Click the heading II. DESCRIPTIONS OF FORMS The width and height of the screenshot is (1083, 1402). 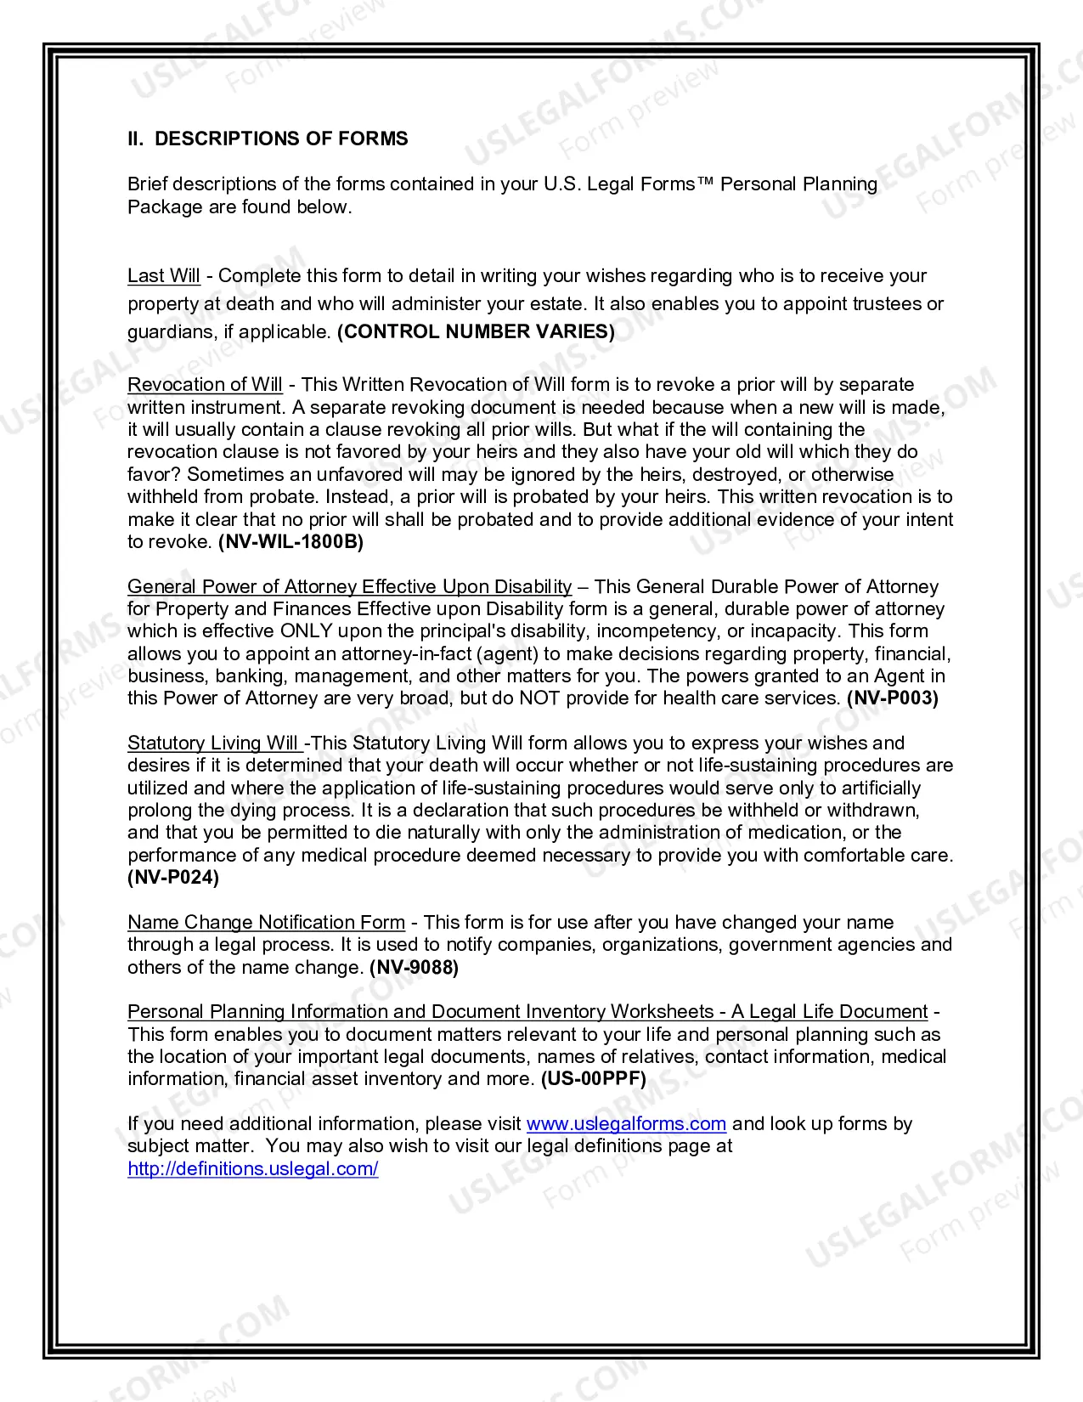[x=268, y=139]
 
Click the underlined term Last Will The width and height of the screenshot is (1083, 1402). [x=164, y=276]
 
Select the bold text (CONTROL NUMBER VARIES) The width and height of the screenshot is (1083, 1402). [x=476, y=331]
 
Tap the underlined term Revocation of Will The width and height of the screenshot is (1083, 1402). [x=205, y=385]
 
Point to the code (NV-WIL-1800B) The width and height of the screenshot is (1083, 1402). [x=290, y=542]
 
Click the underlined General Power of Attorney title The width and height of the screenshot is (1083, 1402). [x=349, y=587]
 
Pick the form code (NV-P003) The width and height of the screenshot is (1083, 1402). [x=892, y=698]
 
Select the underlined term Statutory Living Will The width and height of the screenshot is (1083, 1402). [x=213, y=743]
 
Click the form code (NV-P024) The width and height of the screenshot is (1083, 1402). [x=173, y=878]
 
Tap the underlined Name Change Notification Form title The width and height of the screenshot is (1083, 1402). [x=266, y=923]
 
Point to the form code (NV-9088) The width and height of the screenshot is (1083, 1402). [x=414, y=968]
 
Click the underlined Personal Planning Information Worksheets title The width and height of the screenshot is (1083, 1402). [x=527, y=1012]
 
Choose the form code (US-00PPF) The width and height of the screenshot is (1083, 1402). [x=593, y=1079]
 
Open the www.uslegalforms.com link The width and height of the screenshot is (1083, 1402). [x=626, y=1124]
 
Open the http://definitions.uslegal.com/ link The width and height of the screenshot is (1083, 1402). [x=253, y=1169]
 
